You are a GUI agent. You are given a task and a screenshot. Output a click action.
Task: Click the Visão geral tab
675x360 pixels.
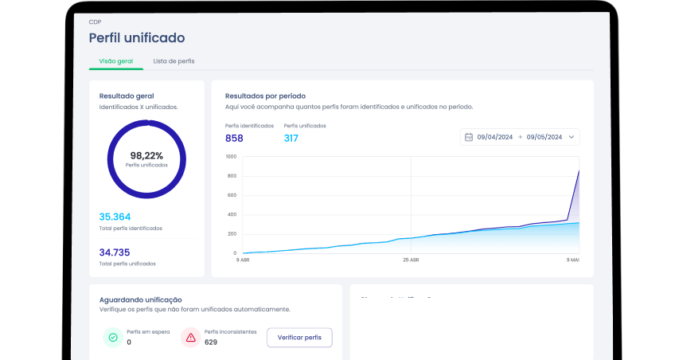[x=115, y=61]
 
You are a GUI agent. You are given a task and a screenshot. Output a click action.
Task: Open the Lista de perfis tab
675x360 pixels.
[x=174, y=61]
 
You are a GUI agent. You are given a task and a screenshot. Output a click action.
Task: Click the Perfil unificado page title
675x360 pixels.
[x=136, y=37]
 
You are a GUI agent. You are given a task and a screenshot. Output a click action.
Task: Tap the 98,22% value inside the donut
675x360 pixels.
[x=146, y=155]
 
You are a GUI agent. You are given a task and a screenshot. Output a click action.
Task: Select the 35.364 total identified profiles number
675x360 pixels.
[x=115, y=217]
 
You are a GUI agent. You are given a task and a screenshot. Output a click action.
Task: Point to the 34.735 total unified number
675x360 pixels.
[x=115, y=252]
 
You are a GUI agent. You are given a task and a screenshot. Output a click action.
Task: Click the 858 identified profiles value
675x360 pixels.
[x=234, y=139]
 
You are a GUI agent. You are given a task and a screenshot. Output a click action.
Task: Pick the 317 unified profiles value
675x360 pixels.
[x=291, y=139]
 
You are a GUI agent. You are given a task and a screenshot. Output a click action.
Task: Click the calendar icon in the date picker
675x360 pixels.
[x=469, y=137]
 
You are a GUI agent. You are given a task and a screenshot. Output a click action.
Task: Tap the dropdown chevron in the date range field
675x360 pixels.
[x=571, y=137]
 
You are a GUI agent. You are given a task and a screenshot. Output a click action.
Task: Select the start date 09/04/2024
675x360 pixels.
[x=497, y=137]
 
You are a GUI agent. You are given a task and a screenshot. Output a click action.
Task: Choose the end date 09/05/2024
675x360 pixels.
[x=544, y=137]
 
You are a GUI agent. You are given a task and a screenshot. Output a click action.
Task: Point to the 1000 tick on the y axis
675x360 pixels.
[x=231, y=156]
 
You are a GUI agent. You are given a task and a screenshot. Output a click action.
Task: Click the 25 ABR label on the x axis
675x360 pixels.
[x=411, y=260]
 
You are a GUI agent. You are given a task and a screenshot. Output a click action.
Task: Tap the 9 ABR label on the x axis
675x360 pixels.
[x=243, y=260]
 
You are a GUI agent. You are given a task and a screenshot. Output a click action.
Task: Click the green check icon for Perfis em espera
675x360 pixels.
[x=112, y=338]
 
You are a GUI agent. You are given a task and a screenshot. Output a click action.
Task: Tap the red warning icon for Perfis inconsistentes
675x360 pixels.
[x=190, y=338]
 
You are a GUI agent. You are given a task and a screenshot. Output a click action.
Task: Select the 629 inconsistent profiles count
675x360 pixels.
[x=211, y=342]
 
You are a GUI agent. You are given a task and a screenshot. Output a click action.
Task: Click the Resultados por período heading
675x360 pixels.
[x=265, y=96]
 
